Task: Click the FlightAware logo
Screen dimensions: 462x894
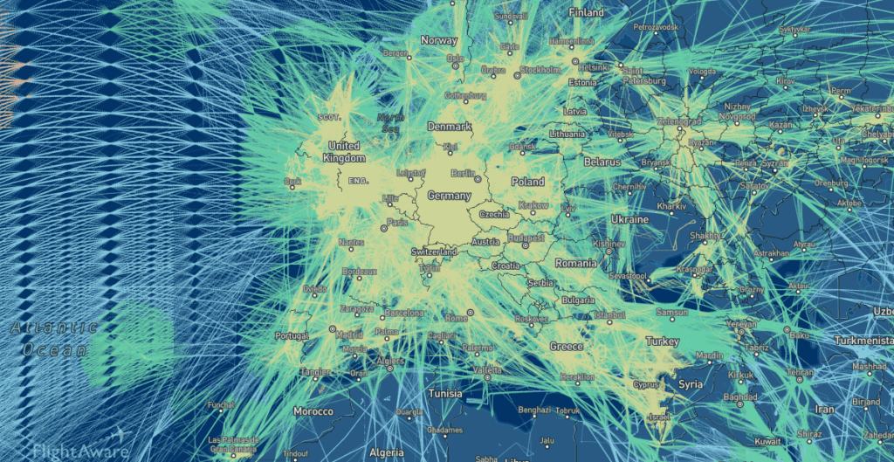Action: tap(80, 450)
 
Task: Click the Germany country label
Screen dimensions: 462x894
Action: tap(449, 196)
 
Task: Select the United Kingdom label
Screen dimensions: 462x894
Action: tap(344, 152)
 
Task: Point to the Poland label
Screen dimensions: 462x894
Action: tap(527, 182)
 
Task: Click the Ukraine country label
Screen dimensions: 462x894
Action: tap(629, 219)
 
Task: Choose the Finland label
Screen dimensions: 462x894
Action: tap(586, 13)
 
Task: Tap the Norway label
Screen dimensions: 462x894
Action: tap(439, 40)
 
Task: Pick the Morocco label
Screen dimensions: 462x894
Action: tap(313, 410)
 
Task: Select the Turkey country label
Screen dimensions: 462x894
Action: tap(662, 341)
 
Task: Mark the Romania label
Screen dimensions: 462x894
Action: tap(575, 263)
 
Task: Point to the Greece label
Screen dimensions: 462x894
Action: tap(566, 347)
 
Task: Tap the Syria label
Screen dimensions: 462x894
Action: tap(690, 384)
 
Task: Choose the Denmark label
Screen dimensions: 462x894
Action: tap(449, 127)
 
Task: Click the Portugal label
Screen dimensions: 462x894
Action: tap(292, 335)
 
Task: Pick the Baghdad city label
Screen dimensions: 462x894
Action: tap(725, 397)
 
